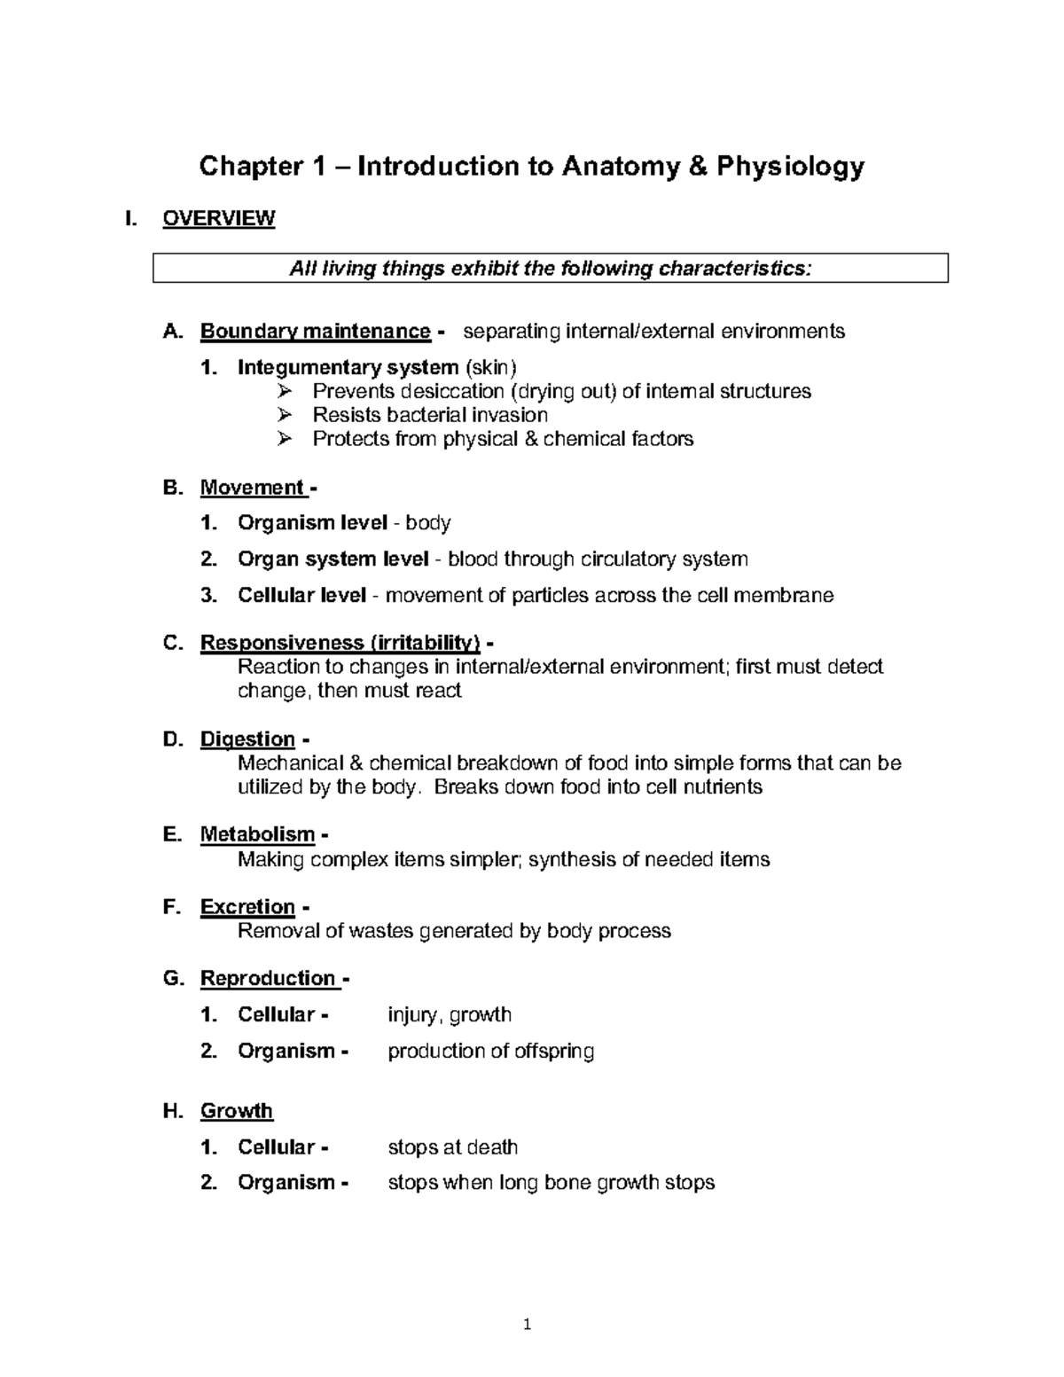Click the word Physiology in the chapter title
coord(790,167)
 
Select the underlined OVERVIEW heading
coord(219,218)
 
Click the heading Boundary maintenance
coord(315,332)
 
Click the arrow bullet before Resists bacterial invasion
coord(285,415)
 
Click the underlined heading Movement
coord(252,488)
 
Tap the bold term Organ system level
coord(332,559)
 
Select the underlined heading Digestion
coord(247,739)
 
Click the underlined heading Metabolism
coord(257,834)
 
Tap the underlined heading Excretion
coord(247,907)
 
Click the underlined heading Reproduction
coord(268,978)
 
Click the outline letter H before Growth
coord(172,1111)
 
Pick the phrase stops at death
coord(453,1147)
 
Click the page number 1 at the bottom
coord(528,1326)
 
